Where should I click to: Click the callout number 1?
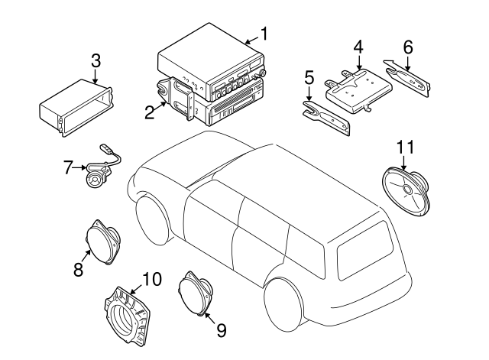(x=264, y=34)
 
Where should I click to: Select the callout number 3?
(x=96, y=61)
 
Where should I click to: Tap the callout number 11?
(x=405, y=147)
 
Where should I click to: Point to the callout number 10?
(x=152, y=279)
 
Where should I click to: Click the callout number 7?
(x=68, y=167)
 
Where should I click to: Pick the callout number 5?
(x=309, y=78)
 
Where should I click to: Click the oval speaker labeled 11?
(x=406, y=193)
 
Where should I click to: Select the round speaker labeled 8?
(x=102, y=242)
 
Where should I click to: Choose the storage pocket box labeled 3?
(x=76, y=108)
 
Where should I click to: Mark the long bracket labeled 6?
(x=407, y=78)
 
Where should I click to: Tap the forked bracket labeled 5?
(x=326, y=118)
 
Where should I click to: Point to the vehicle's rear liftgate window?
(x=365, y=250)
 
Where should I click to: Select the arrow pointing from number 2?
(x=160, y=106)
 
